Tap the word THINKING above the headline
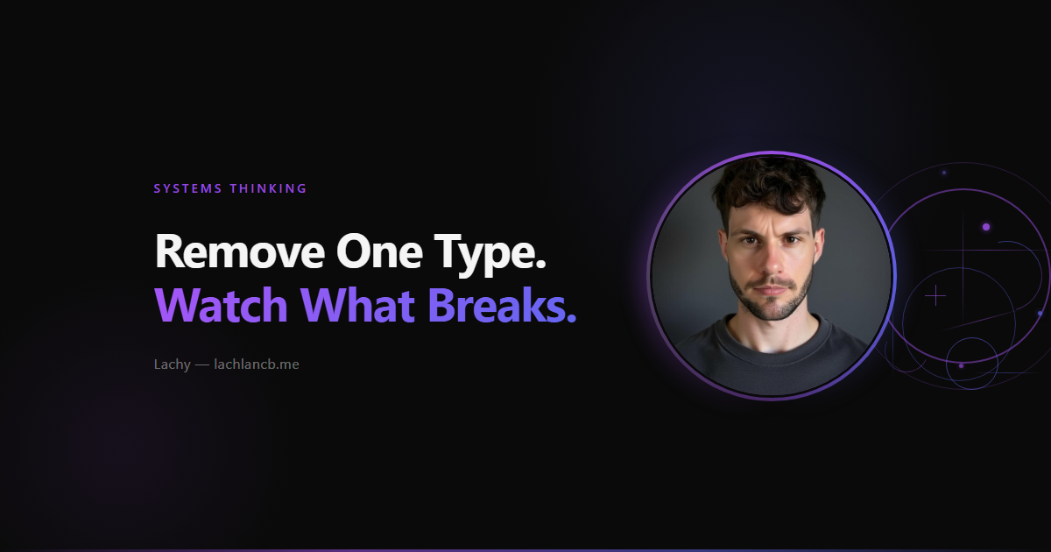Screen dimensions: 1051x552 click(268, 188)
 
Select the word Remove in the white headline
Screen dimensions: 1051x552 click(239, 251)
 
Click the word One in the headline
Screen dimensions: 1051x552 click(379, 251)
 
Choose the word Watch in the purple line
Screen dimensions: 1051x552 click(221, 305)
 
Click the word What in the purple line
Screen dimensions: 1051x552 click(357, 305)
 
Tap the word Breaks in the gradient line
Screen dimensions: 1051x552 click(497, 305)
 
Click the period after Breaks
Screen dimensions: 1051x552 click(571, 319)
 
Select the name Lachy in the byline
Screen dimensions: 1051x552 click(173, 364)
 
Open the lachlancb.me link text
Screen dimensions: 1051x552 click(256, 364)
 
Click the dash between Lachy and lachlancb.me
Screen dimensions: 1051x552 click(201, 364)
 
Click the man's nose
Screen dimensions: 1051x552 click(772, 261)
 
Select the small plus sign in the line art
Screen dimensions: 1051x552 click(935, 296)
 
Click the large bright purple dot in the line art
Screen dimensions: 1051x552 click(986, 227)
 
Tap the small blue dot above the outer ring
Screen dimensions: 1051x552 click(944, 173)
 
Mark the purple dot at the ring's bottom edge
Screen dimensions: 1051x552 click(961, 365)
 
